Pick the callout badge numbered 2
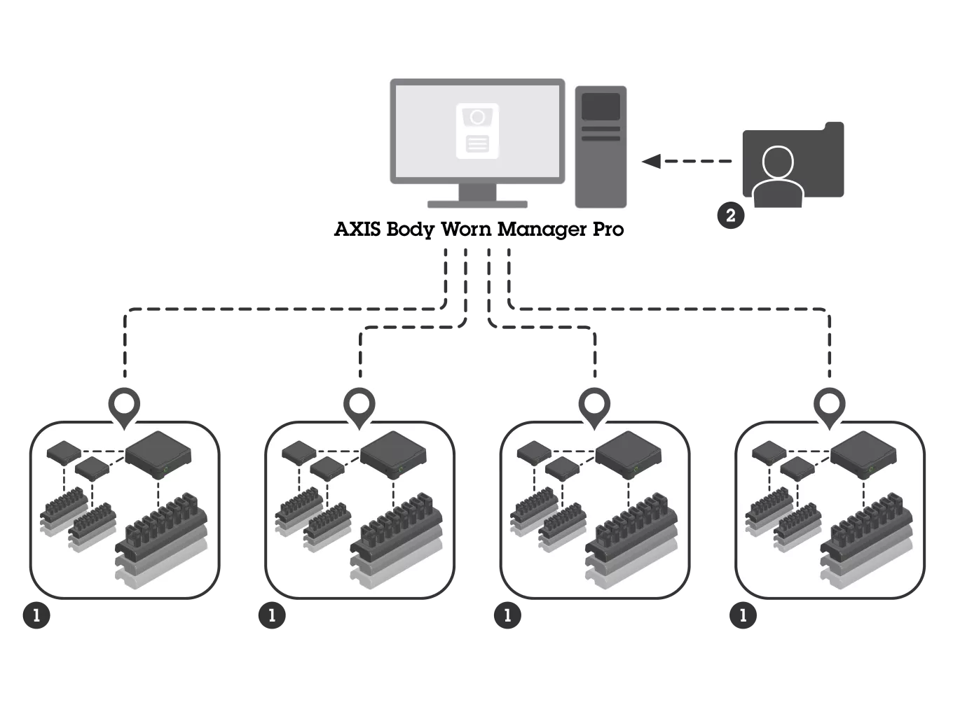click(730, 216)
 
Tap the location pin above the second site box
click(359, 404)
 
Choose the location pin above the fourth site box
click(830, 404)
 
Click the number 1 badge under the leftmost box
click(36, 616)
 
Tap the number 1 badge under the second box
click(272, 616)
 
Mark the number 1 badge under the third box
click(507, 616)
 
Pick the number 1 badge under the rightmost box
click(743, 616)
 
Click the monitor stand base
click(477, 204)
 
